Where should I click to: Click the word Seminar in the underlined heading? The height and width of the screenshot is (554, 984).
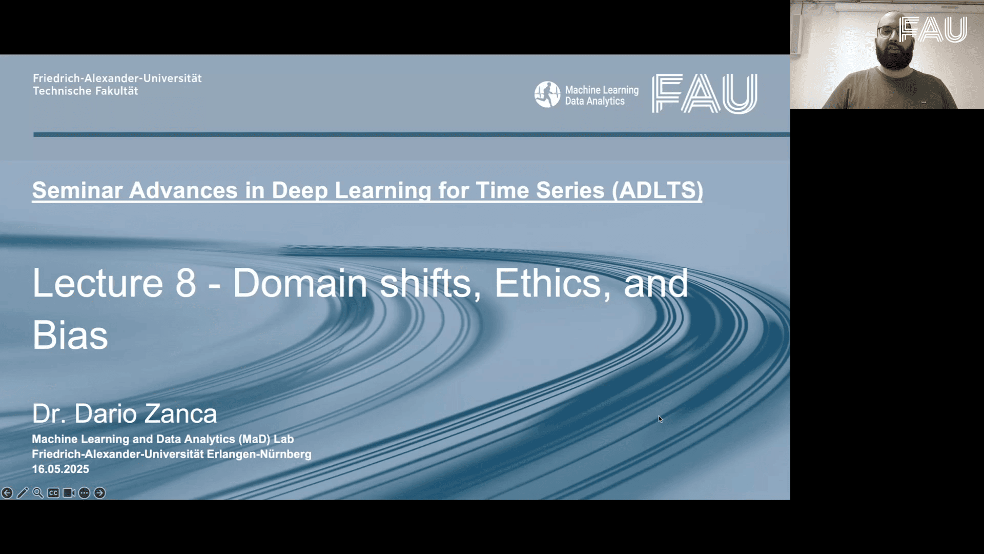[77, 190]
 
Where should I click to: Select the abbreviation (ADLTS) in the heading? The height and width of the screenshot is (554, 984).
[658, 191]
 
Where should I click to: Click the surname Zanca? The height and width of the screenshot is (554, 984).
[181, 413]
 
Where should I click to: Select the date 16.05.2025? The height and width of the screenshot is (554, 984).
[60, 469]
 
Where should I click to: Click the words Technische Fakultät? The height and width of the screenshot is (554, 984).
[86, 91]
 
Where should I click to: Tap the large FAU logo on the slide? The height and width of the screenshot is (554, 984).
[704, 93]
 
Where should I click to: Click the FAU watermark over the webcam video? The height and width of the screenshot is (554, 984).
[933, 29]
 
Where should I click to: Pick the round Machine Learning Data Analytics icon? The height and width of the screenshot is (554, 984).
[547, 94]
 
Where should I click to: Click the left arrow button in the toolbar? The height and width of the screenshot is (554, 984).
[7, 493]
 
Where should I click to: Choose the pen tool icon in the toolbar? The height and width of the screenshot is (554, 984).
[23, 493]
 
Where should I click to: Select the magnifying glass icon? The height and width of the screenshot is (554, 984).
[38, 493]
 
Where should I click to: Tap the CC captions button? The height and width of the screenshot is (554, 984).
[53, 493]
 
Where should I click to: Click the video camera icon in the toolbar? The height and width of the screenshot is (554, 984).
[69, 493]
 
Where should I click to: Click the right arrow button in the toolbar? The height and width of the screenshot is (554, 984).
[99, 493]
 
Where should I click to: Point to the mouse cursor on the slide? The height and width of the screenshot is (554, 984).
[661, 419]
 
